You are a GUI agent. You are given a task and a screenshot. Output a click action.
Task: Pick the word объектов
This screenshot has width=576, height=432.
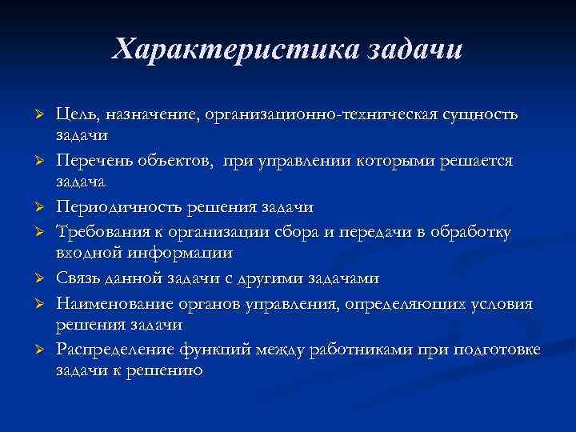coord(184,161)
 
